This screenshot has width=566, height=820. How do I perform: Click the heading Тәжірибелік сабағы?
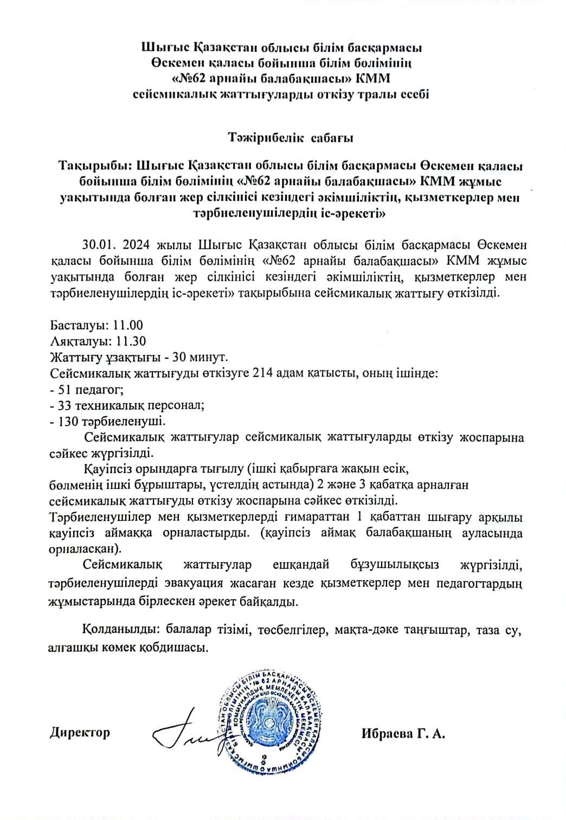[291, 137]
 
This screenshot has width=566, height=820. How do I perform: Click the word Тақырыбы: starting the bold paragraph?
[95, 164]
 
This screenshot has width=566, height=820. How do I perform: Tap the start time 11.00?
[128, 325]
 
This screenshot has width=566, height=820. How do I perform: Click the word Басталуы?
[80, 325]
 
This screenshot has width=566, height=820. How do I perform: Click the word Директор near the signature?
[80, 732]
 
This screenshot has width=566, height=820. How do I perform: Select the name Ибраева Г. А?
[403, 734]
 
